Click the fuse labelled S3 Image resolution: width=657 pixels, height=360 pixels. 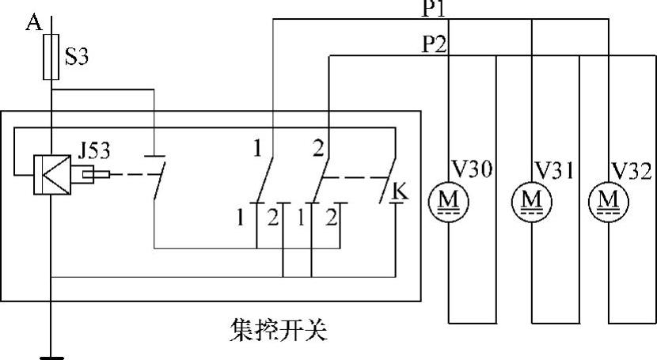pos(51,57)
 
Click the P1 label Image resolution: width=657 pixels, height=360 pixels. pos(435,9)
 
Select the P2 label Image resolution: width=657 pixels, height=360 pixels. pos(435,45)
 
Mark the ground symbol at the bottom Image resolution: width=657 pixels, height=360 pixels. pos(51,357)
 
